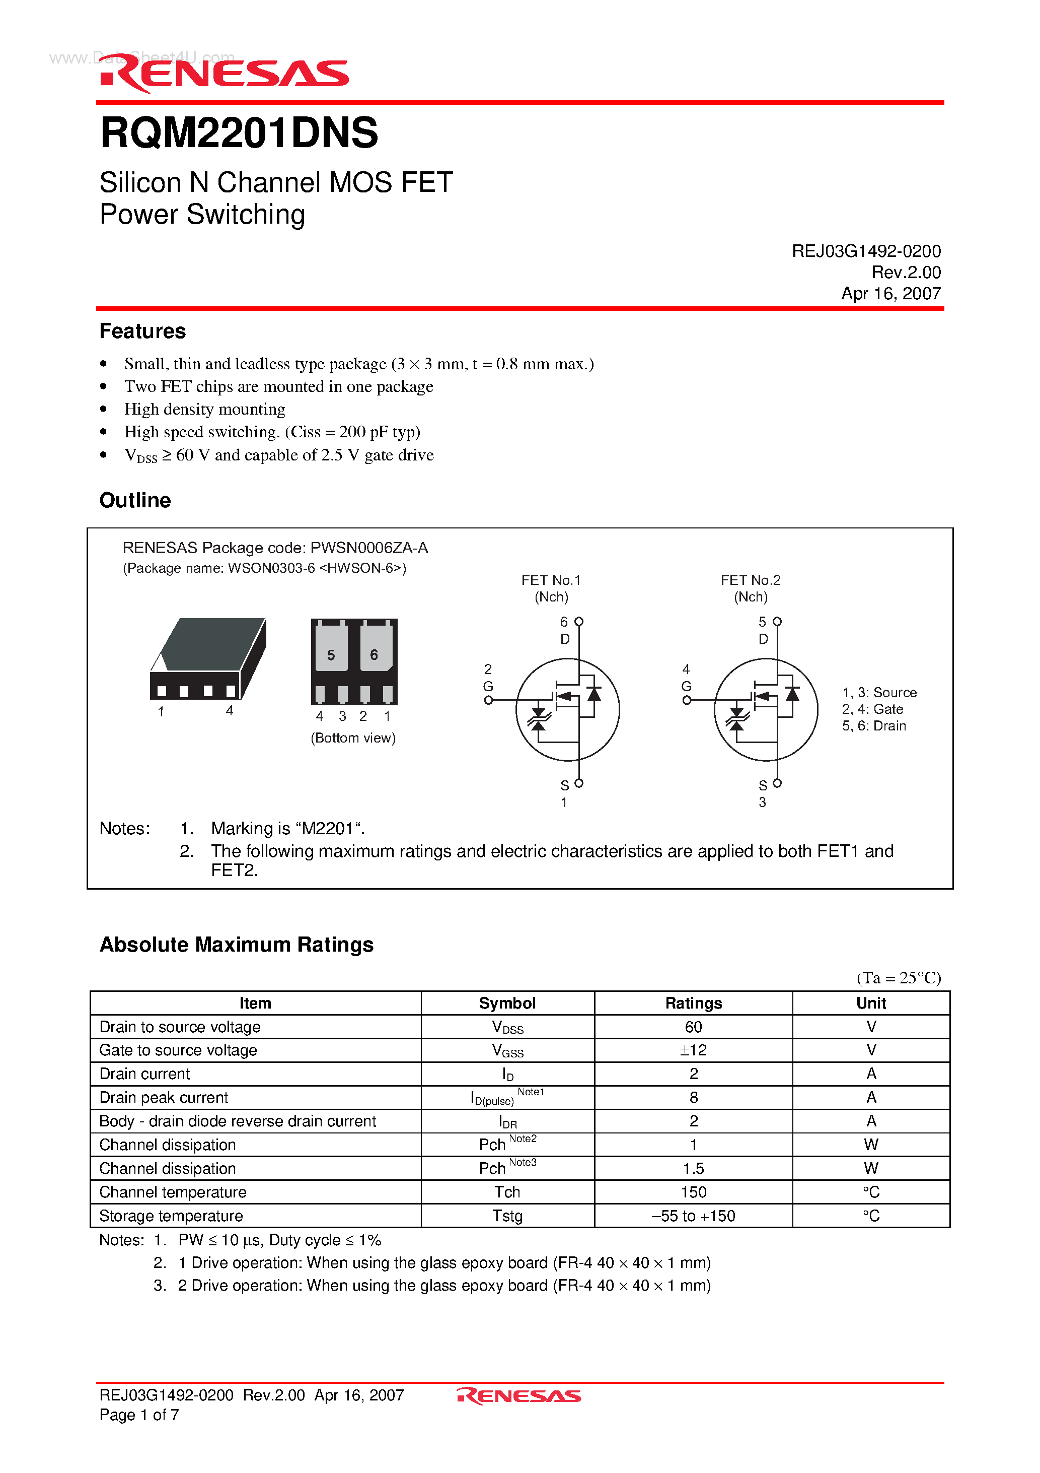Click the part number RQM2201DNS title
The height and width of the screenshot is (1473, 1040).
[239, 133]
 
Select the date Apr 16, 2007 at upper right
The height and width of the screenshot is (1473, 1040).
[890, 294]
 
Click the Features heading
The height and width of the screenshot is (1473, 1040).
[142, 331]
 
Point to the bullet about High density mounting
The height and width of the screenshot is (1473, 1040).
[204, 410]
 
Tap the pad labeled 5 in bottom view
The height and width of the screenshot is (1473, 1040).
[331, 650]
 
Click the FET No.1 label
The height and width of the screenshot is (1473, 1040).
[551, 580]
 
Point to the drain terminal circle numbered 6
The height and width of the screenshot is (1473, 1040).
[579, 622]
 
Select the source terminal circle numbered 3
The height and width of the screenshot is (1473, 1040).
[777, 783]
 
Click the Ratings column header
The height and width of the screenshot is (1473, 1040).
[693, 1003]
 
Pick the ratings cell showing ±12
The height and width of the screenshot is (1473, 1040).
[693, 1050]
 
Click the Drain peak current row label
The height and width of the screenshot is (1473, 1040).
[164, 1098]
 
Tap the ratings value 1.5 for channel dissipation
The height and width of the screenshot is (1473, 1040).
[693, 1168]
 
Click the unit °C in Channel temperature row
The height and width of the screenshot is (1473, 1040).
[871, 1192]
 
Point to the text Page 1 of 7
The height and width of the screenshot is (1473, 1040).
[139, 1415]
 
